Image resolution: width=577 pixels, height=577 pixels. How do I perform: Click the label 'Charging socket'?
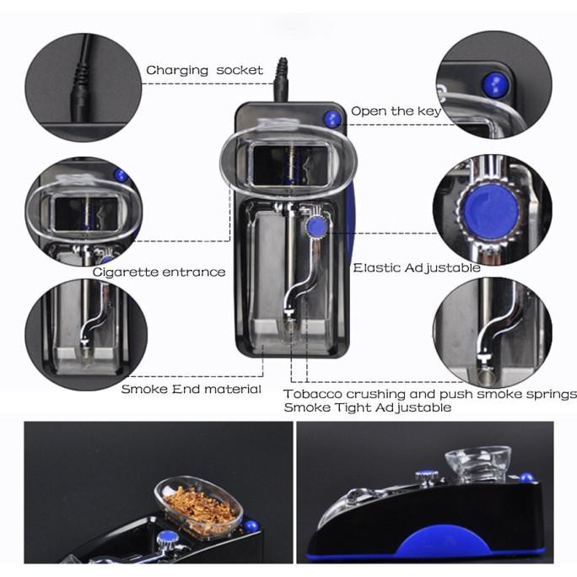click(205, 70)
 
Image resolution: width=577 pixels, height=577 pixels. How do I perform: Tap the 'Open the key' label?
click(396, 111)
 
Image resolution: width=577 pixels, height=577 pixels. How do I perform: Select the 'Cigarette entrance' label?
click(159, 272)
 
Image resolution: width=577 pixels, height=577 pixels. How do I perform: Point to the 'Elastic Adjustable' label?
click(417, 267)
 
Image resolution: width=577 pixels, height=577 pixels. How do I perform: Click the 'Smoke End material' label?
click(191, 389)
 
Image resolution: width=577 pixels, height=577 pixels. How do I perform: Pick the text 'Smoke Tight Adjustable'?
click(367, 407)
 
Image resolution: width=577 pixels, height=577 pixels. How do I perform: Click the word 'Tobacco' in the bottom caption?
click(313, 394)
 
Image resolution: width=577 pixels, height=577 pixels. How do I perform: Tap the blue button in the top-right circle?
click(495, 85)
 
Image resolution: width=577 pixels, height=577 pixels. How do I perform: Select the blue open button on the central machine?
click(332, 119)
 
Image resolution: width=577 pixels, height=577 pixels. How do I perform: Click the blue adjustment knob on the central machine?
click(316, 227)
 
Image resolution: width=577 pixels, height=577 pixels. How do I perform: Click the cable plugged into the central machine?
click(282, 80)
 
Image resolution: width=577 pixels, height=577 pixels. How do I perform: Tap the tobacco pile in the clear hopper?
click(199, 510)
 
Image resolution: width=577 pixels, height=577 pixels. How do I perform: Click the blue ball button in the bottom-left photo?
click(251, 526)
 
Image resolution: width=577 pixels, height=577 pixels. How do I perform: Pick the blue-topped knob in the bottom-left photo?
click(168, 538)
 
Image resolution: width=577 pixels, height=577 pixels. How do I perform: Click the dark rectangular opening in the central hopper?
click(288, 164)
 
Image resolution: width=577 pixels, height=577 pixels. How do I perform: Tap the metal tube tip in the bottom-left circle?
click(86, 355)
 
